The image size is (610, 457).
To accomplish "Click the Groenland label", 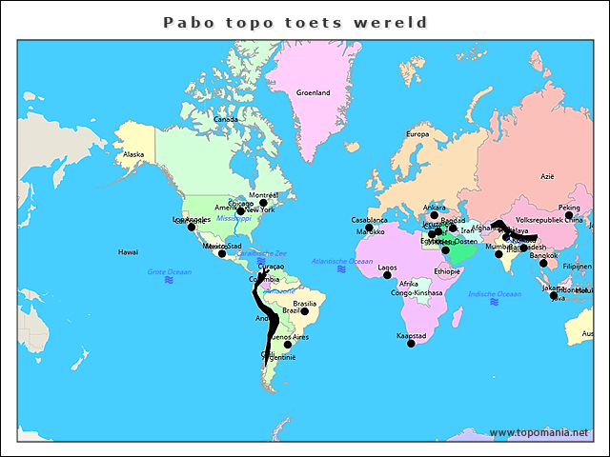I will [x=313, y=92].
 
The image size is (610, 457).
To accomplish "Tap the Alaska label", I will [x=133, y=154].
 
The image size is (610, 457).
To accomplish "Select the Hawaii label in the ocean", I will [x=128, y=252].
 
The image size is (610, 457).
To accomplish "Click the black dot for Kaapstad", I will [x=411, y=344].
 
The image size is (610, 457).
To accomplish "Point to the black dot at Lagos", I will [x=387, y=275].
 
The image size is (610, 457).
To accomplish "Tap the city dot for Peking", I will [x=569, y=216].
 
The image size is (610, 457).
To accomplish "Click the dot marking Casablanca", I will [x=370, y=228].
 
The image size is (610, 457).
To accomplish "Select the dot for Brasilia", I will [x=305, y=311].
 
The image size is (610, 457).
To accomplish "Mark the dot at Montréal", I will [x=263, y=203].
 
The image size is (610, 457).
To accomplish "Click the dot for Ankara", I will [x=434, y=215].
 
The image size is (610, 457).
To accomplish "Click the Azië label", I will [x=547, y=176].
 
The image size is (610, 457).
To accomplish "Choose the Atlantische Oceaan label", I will [x=342, y=261].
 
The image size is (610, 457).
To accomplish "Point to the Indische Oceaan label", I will [x=494, y=294].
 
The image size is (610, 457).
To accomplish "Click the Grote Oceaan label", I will [x=169, y=272].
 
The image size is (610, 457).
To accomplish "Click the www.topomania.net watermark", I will [x=539, y=432].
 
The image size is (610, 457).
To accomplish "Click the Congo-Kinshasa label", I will [x=417, y=292].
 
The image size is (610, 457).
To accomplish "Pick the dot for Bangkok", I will [x=543, y=263].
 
